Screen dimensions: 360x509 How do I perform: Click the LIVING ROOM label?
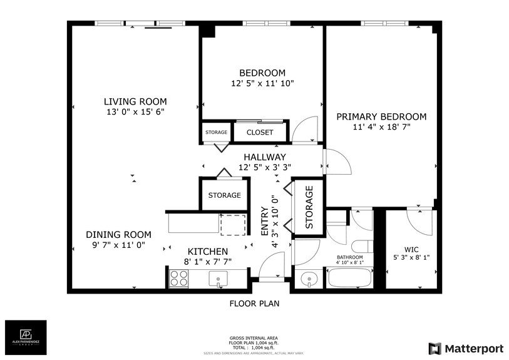coord(135,101)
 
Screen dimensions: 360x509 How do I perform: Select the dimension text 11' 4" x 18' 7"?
coord(381,127)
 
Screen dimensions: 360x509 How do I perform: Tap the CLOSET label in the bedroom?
coord(259,132)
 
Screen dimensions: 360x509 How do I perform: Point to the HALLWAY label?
coord(264,157)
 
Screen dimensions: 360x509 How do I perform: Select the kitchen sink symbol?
coord(219,279)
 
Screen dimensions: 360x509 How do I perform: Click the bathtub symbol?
coord(349,279)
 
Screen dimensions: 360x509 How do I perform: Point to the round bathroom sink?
coord(308,279)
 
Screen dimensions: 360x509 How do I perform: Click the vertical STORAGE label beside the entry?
coord(309,207)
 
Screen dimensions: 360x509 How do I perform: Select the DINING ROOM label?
coord(118,235)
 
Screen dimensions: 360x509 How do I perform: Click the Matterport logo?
coord(466,348)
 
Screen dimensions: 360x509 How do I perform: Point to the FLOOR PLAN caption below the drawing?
coord(254,304)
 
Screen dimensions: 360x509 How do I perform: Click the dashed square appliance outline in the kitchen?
coord(233,225)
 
